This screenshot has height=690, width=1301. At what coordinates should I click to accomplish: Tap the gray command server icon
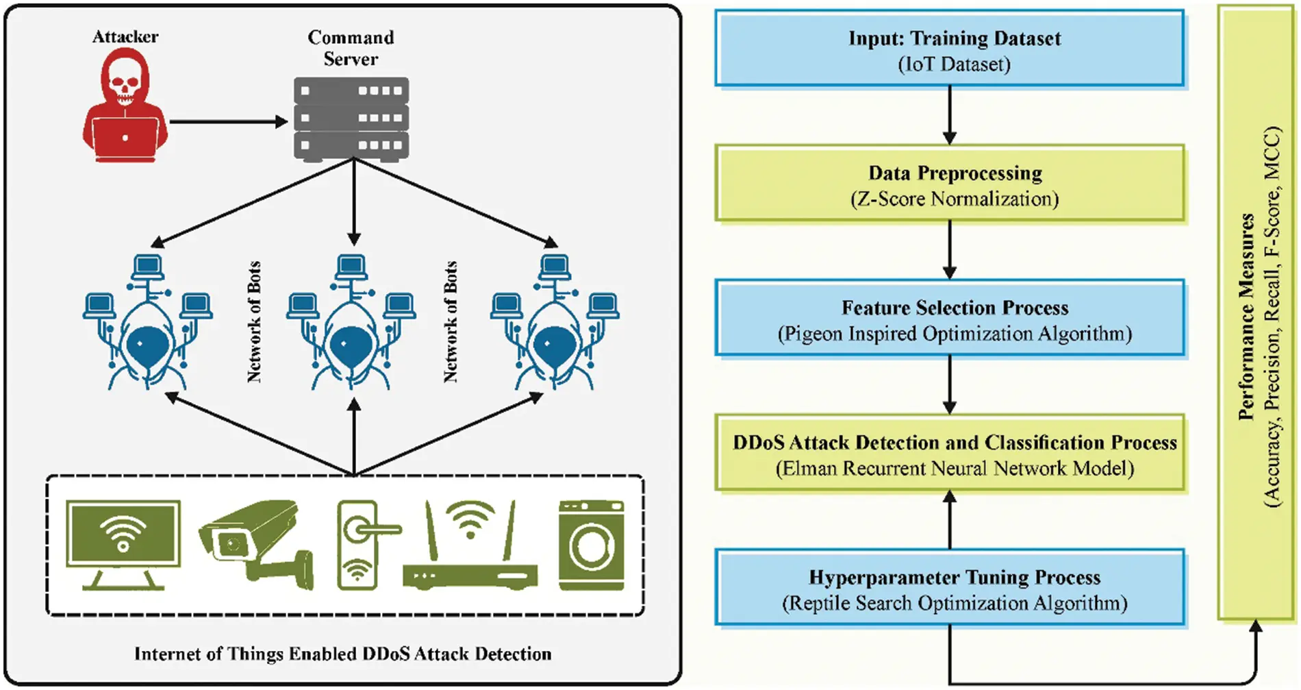(x=351, y=118)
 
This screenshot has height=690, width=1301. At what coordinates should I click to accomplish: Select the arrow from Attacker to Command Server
(x=228, y=122)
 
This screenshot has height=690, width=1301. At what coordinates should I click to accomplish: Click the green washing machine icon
(x=591, y=545)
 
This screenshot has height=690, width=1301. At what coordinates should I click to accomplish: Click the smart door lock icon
(x=358, y=545)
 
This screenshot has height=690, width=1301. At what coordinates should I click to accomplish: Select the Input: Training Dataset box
(x=950, y=49)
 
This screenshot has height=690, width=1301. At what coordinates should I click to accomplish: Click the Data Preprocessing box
(x=950, y=184)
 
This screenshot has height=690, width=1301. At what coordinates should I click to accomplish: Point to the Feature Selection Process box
(x=950, y=319)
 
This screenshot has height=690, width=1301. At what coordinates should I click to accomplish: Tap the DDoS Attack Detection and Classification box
(x=950, y=454)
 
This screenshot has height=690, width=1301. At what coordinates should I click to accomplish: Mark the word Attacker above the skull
(x=125, y=36)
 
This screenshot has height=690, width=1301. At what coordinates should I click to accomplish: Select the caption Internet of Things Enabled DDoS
(x=342, y=654)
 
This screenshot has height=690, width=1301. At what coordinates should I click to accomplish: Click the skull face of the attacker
(x=125, y=86)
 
